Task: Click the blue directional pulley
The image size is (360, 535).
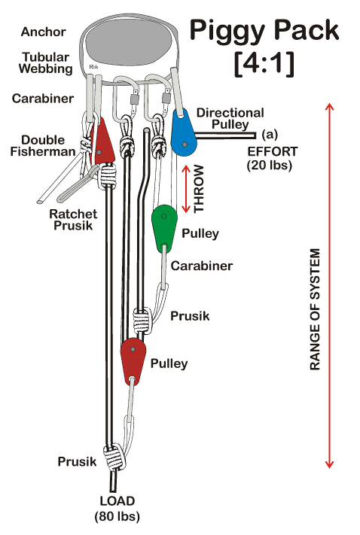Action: coord(184,133)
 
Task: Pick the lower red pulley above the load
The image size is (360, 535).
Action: coord(133,362)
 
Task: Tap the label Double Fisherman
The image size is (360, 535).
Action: coord(43,146)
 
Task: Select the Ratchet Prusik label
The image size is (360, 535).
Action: coord(73,220)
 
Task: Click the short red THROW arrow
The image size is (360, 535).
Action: coord(186,189)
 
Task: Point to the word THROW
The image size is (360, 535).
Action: coord(199,189)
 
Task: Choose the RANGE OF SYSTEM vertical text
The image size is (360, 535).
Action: coord(316,309)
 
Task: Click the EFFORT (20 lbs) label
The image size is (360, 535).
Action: coord(272,158)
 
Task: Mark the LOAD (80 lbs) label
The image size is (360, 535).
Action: coord(117,509)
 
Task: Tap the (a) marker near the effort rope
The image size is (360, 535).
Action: coord(270,135)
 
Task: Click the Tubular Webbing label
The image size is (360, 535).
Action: coord(46,62)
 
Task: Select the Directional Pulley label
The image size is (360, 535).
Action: coord(230,118)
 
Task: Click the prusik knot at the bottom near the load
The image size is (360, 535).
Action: coord(114,457)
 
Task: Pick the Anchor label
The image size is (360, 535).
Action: coord(44,32)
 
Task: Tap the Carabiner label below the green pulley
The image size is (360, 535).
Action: coord(202,266)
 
